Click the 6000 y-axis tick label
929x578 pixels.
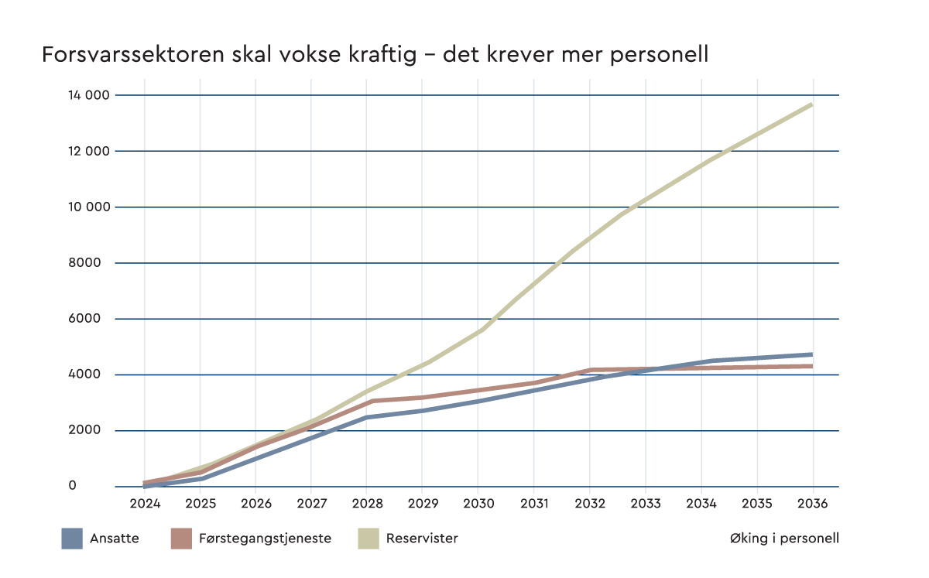84,319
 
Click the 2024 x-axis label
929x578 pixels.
144,503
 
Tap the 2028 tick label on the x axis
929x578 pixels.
367,503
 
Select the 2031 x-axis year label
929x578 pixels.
534,503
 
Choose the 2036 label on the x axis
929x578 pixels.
813,503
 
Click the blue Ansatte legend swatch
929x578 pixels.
72,539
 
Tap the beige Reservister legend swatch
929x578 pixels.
367,539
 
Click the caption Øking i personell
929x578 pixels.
783,539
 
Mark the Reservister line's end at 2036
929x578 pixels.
811,104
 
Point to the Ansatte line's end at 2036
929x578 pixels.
811,354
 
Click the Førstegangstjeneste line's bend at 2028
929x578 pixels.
371,401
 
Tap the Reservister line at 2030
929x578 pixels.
480,330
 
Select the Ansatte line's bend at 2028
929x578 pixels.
367,417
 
